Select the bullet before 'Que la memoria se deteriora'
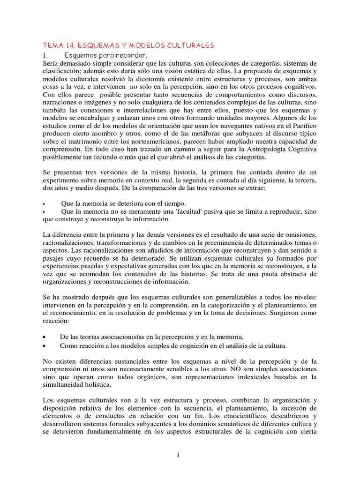click(44, 204)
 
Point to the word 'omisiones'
click(298, 234)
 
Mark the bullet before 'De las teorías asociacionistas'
click(44, 337)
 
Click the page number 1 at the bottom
click(180, 454)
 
